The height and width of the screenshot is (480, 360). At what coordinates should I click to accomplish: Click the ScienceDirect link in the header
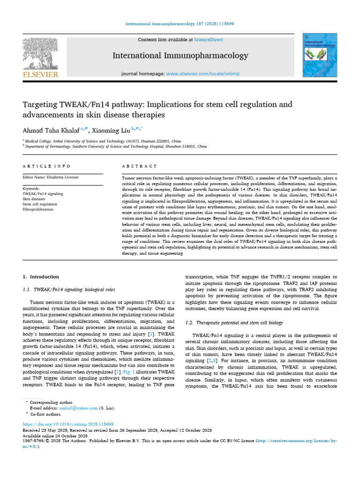[210, 40]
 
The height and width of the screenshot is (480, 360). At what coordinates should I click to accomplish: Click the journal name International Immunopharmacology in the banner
[180, 56]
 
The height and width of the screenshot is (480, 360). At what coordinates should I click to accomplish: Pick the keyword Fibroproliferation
[38, 210]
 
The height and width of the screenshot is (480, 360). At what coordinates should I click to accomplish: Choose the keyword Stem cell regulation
[40, 204]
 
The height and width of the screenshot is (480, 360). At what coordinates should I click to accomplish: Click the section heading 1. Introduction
[41, 277]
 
